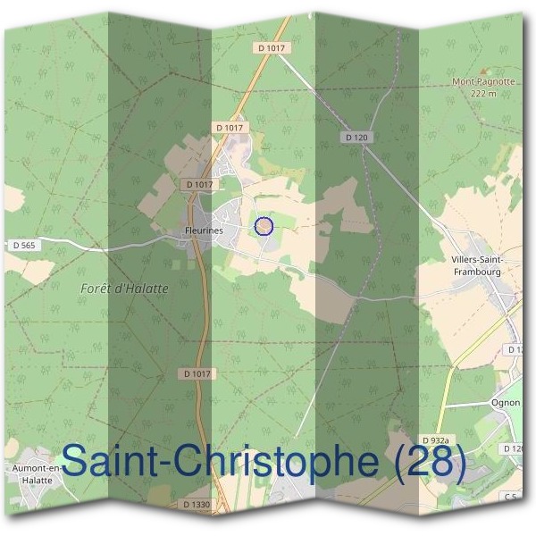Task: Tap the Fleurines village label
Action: (x=203, y=230)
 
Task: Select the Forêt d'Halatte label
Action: (x=124, y=289)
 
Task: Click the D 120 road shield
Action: (x=356, y=137)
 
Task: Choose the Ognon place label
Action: (x=506, y=403)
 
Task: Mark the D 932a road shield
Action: (x=439, y=440)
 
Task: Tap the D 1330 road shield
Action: (x=196, y=505)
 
